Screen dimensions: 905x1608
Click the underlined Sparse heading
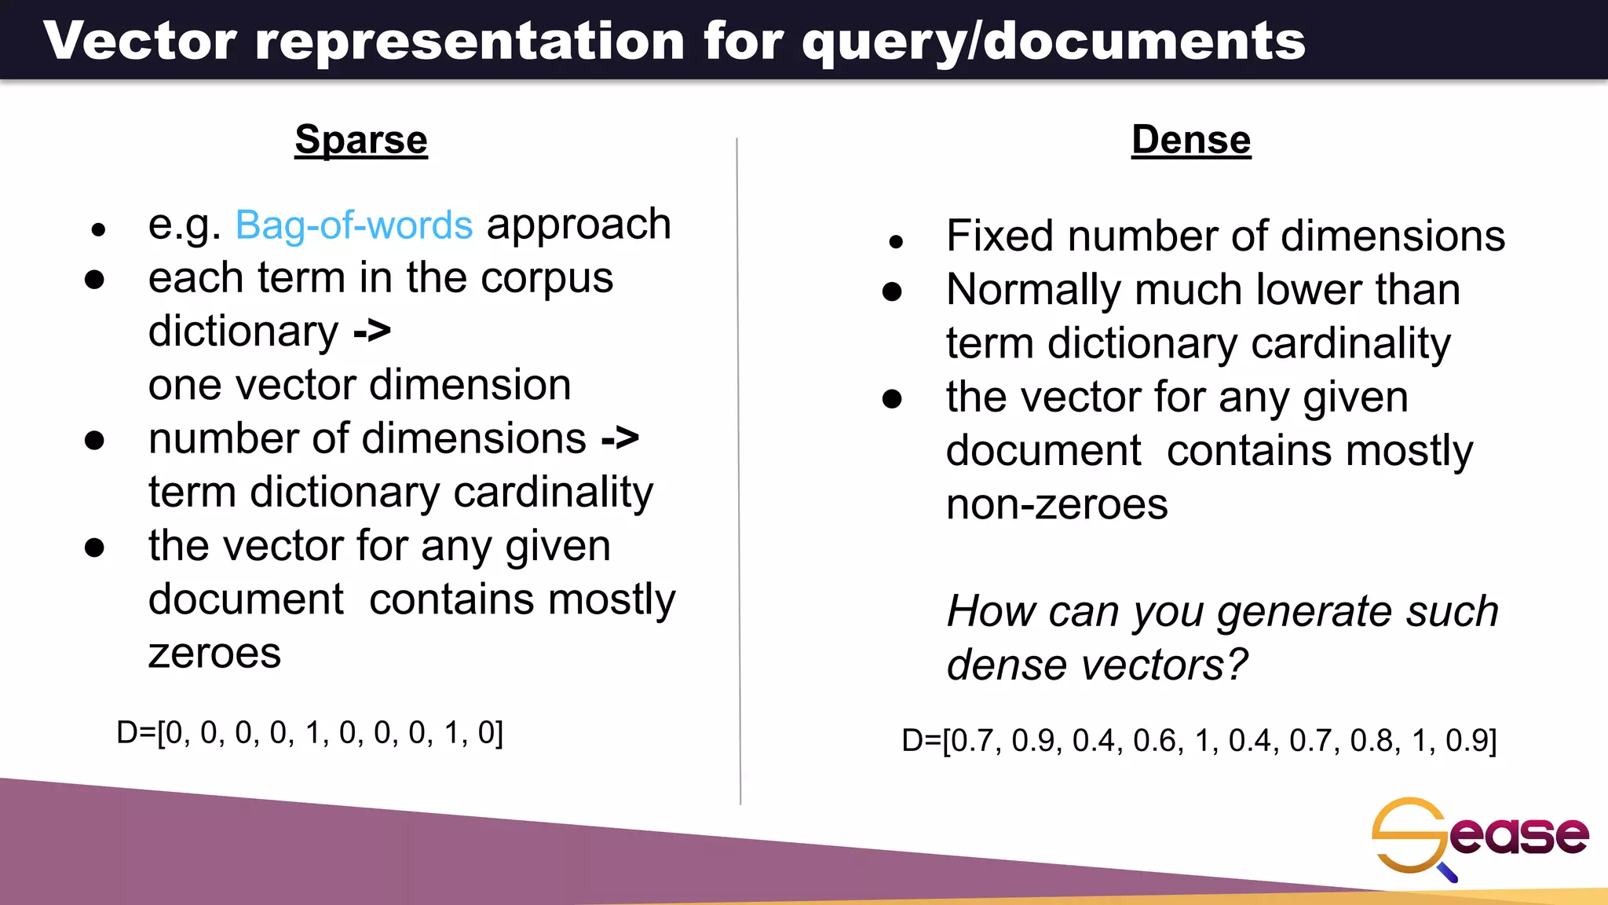(361, 141)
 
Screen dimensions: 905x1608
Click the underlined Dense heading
(1190, 141)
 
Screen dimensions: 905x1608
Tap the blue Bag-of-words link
(354, 225)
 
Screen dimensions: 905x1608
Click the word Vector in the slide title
(140, 41)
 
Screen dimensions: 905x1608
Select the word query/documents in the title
(1053, 42)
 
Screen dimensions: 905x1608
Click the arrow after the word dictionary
(372, 332)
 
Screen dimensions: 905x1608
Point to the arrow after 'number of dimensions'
(620, 438)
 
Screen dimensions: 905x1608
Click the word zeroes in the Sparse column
(214, 654)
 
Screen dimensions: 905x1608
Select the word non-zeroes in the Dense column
(1057, 504)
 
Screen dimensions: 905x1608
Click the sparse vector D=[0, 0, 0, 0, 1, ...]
(310, 733)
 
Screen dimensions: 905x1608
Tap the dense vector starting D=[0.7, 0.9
(1199, 741)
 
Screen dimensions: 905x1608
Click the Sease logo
(1479, 837)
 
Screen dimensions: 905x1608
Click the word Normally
(1034, 290)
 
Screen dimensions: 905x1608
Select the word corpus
(546, 279)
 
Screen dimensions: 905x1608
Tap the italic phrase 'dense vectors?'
(1096, 665)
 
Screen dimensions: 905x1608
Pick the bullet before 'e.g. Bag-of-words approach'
(98, 230)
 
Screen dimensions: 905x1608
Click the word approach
(579, 225)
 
